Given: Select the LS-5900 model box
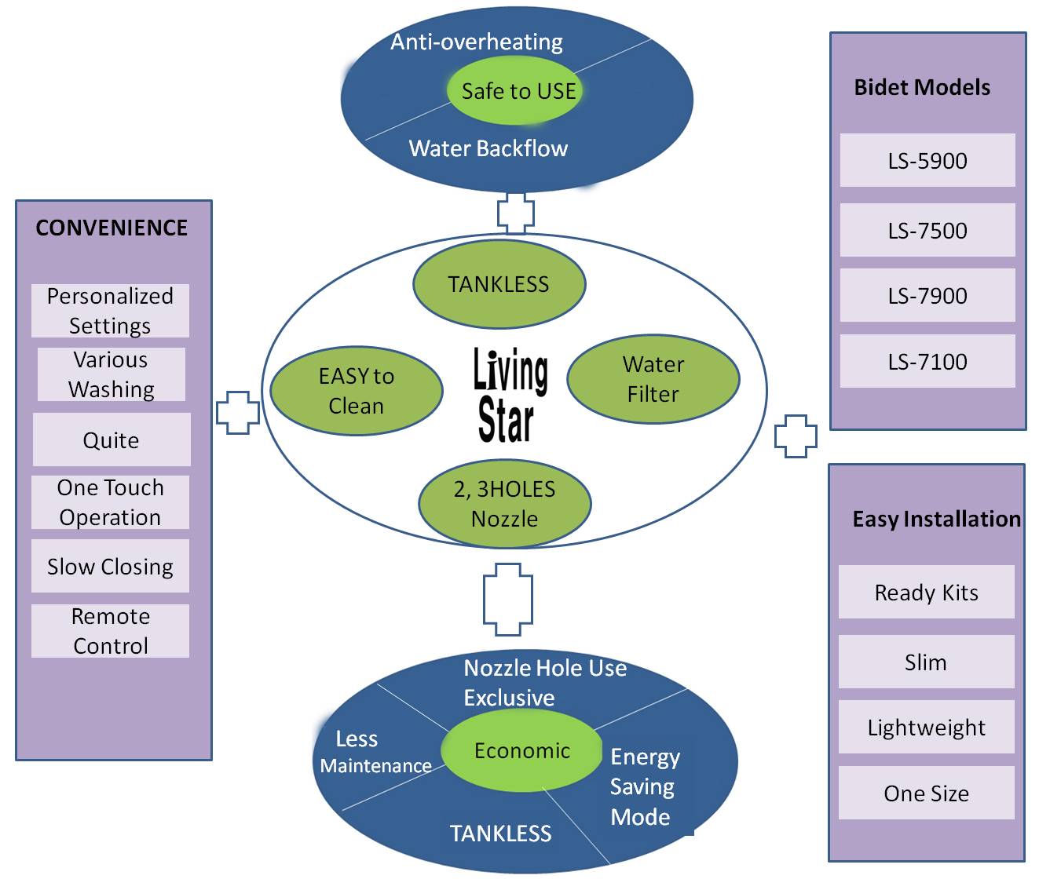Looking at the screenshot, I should (927, 161).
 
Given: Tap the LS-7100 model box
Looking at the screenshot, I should (927, 362).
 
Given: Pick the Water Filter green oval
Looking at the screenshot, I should (653, 379).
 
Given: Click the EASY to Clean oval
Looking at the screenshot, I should (357, 391).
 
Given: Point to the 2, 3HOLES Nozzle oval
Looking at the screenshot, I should (504, 504).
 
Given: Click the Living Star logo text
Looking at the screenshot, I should (510, 395).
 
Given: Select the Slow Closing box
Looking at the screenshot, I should (110, 567).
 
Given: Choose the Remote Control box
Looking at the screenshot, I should (110, 631).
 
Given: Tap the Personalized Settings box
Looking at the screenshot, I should (110, 311).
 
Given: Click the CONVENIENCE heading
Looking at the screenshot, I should (112, 228).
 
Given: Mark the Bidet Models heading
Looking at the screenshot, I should (922, 87).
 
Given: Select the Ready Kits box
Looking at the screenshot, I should (926, 593).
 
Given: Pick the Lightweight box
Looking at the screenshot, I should (926, 728).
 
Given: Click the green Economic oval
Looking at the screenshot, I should (521, 751).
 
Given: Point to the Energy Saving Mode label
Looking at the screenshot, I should (644, 786).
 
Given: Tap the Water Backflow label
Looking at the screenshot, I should (488, 148).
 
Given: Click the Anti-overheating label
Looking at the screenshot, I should (477, 42).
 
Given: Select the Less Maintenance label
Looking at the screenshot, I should (375, 752).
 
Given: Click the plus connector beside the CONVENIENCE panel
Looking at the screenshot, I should (238, 413).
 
